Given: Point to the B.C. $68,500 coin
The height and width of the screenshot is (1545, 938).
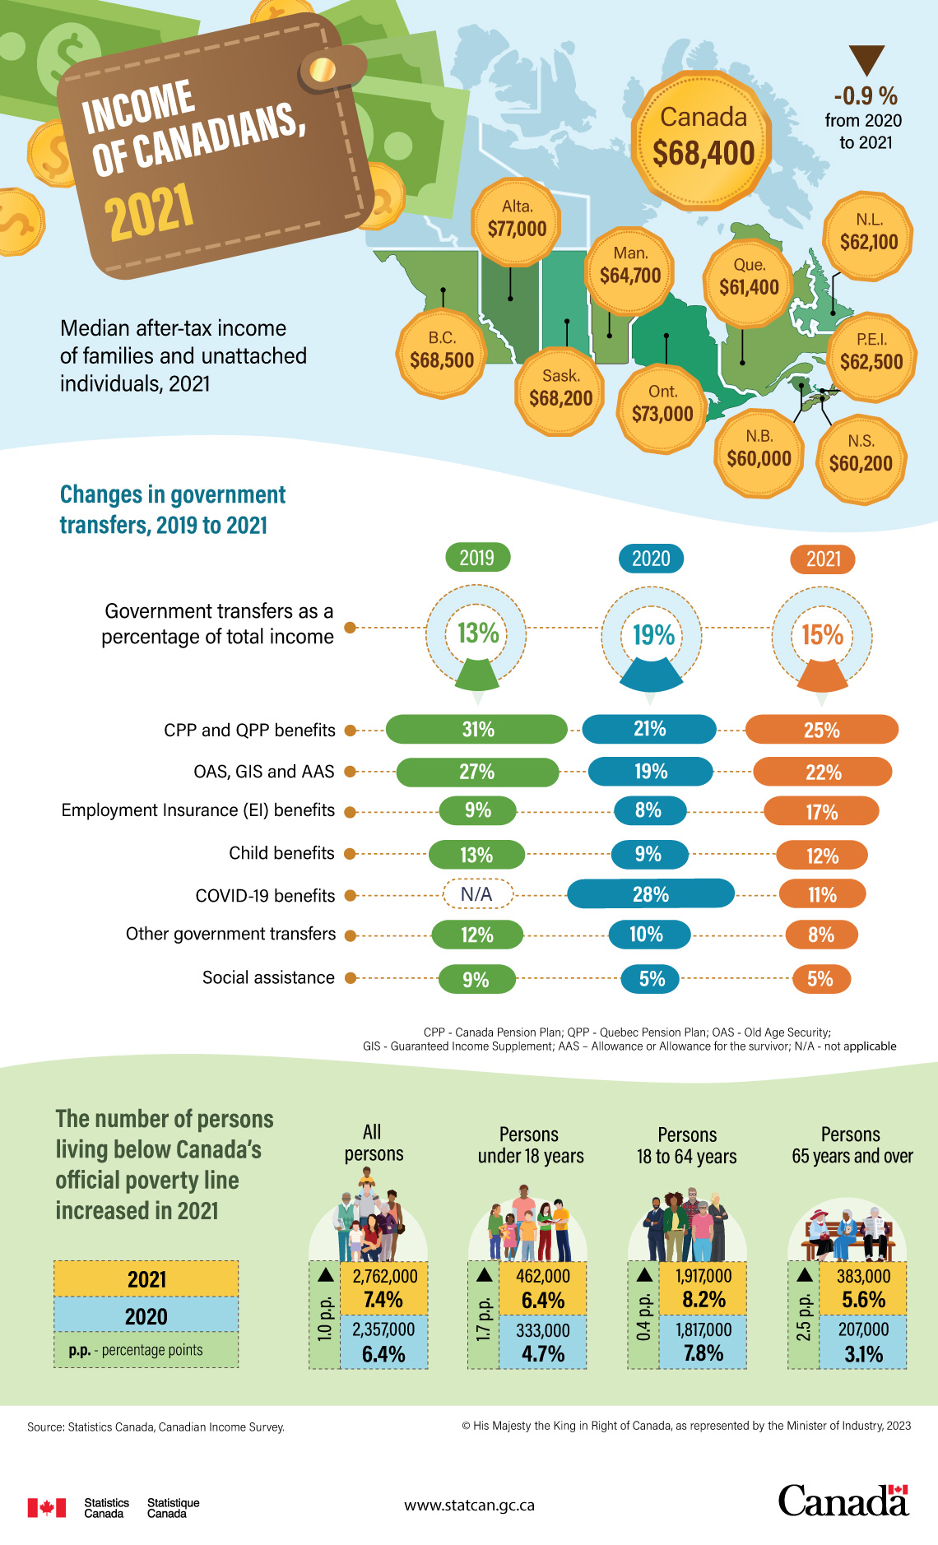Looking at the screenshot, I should [442, 352].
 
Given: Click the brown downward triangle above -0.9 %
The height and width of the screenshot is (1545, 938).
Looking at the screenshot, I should [866, 60].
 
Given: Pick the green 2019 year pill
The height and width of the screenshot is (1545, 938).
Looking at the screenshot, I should [477, 558].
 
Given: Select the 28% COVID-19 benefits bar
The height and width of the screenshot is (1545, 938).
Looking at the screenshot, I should [650, 894].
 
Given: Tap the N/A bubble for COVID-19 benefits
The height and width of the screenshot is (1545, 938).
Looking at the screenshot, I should [477, 894].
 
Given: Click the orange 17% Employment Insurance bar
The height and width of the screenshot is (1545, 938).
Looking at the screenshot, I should [821, 812].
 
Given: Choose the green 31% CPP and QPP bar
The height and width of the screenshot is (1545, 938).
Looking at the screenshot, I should [477, 730].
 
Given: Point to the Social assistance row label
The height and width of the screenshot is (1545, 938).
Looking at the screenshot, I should [268, 978].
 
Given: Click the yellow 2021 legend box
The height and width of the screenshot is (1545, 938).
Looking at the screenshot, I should [146, 1279].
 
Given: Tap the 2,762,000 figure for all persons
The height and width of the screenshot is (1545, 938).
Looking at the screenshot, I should [384, 1276].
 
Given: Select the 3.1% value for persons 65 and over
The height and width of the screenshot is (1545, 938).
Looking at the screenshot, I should [863, 1354].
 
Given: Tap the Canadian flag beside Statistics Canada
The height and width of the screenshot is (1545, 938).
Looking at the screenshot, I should [46, 1507].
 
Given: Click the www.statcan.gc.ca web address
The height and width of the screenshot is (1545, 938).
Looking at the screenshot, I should [469, 1505].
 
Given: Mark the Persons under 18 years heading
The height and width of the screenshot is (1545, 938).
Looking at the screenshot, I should [530, 1145].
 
